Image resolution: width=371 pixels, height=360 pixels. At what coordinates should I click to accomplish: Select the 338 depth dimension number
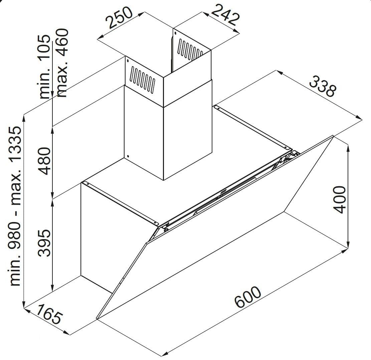[323, 86]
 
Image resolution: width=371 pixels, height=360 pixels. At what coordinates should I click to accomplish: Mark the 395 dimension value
[44, 243]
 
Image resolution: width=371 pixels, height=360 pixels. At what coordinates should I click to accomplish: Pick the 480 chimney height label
[44, 161]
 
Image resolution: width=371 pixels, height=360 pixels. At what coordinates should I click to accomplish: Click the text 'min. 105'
[44, 67]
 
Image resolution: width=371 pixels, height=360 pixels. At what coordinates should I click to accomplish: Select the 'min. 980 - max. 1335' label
[15, 206]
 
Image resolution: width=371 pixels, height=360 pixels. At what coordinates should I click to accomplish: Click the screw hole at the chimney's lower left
[128, 156]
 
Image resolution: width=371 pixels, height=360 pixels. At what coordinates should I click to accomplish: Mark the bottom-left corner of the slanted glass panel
[97, 319]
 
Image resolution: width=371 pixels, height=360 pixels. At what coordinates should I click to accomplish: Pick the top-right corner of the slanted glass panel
[333, 136]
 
